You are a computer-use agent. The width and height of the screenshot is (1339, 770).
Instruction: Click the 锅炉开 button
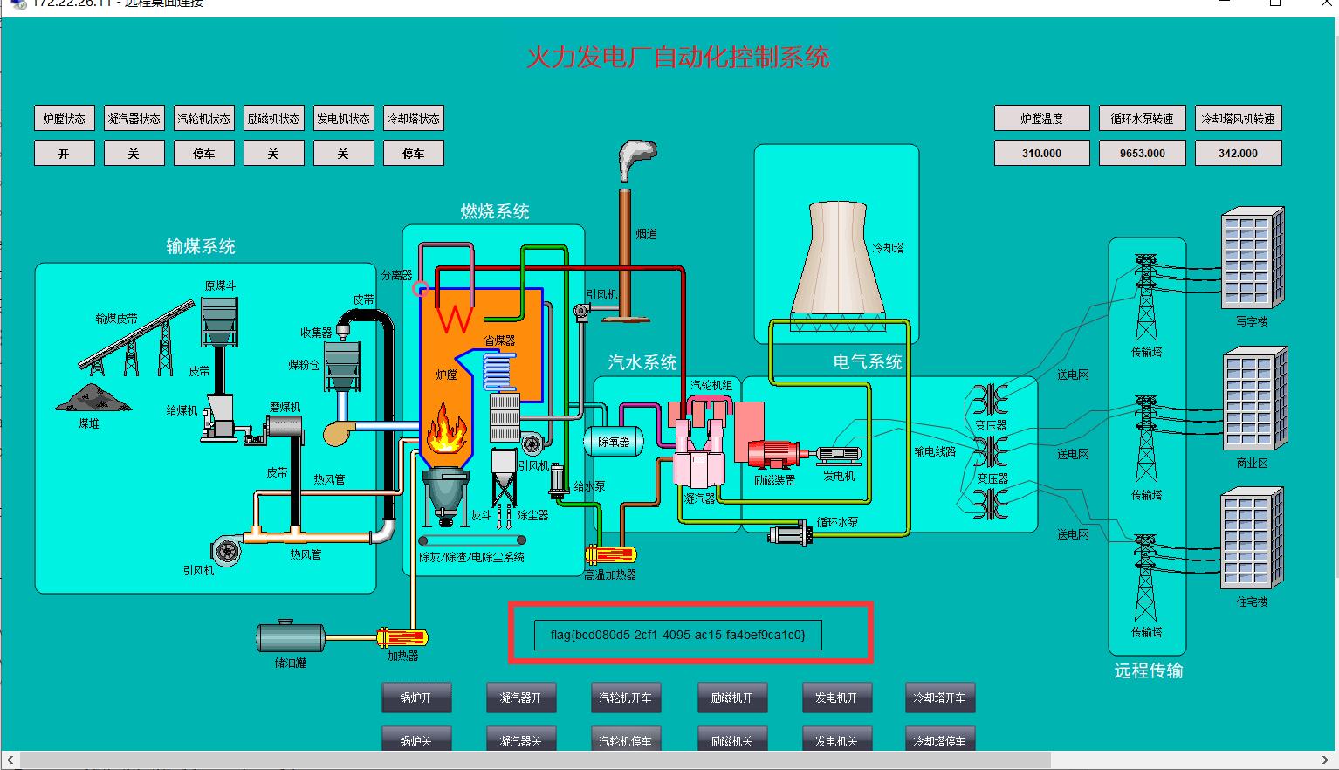[x=416, y=698]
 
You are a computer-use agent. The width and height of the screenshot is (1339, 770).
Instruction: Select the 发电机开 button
[x=836, y=698]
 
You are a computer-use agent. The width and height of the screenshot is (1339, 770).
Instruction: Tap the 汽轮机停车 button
[x=625, y=740]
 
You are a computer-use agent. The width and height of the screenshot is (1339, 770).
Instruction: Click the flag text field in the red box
[x=677, y=635]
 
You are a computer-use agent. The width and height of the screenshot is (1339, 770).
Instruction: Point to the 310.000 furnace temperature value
[x=1041, y=153]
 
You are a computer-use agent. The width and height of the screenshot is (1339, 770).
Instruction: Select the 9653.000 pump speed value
[x=1143, y=153]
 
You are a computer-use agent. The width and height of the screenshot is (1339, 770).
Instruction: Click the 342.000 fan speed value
[x=1238, y=153]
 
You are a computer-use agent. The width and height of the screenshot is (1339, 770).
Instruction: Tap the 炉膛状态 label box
[x=65, y=119]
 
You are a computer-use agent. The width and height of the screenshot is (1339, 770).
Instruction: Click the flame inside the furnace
[x=446, y=428]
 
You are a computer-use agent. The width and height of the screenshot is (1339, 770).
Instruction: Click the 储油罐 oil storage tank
[x=291, y=637]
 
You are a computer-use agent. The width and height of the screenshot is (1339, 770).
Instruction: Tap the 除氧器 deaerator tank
[x=613, y=442]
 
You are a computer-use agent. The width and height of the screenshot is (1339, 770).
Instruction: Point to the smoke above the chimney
[x=635, y=158]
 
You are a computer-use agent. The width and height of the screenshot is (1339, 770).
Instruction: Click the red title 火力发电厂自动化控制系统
[x=677, y=58]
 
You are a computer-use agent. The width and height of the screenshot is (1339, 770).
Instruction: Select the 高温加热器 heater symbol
[x=610, y=554]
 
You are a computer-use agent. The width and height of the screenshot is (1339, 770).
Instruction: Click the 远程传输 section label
[x=1148, y=670]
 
